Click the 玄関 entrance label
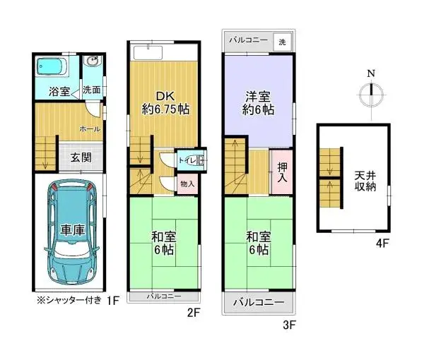click(x=81, y=157)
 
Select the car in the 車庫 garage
click(x=69, y=231)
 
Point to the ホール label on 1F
click(x=90, y=129)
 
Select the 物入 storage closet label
click(x=187, y=184)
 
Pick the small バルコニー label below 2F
click(x=164, y=296)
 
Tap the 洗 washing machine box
click(x=282, y=42)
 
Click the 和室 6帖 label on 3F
click(x=257, y=243)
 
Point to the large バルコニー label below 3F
click(x=259, y=303)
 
